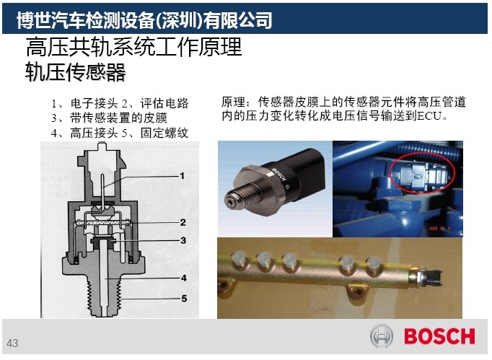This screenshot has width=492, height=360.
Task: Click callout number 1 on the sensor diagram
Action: [182, 176]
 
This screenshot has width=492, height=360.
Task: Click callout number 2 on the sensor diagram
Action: [183, 222]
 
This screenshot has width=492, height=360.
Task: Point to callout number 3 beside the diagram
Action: [183, 240]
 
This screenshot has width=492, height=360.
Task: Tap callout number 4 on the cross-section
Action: [184, 278]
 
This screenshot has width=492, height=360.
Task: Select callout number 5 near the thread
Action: [184, 299]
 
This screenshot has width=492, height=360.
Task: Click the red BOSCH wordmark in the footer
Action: [439, 336]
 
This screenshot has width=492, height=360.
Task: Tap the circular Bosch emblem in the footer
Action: [381, 336]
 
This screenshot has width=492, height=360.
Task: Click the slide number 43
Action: [12, 343]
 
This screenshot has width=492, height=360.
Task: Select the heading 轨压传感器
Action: [75, 72]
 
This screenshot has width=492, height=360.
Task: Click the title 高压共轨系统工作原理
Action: [134, 47]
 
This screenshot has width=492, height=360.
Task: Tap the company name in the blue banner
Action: [144, 20]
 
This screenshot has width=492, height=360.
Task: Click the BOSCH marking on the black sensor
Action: [279, 175]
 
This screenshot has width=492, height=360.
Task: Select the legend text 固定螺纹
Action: [164, 133]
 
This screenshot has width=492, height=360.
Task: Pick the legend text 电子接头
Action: [94, 103]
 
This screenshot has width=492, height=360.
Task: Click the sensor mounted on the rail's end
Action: [429, 277]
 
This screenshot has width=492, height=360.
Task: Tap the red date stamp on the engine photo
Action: [439, 228]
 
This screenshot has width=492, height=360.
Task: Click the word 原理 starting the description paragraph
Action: [233, 102]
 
